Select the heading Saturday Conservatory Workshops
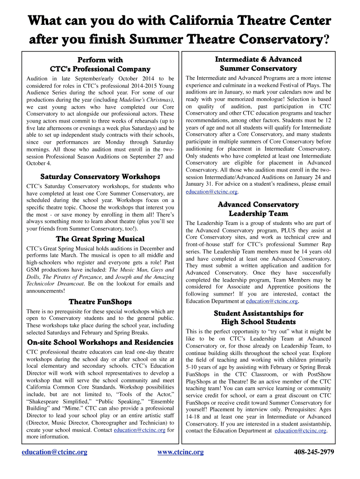100,177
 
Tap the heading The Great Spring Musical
100,239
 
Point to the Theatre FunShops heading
100,302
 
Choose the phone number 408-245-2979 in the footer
314,452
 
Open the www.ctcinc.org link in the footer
180,452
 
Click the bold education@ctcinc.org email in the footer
55,452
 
